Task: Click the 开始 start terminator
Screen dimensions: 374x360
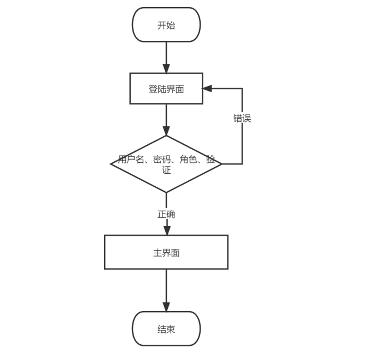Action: pyautogui.click(x=166, y=25)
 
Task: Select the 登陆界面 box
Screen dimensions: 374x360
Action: pyautogui.click(x=166, y=89)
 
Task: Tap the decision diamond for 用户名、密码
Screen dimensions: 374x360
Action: pyautogui.click(x=166, y=164)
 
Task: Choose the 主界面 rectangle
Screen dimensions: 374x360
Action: pyautogui.click(x=166, y=252)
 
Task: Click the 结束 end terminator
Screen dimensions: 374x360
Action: pyautogui.click(x=166, y=328)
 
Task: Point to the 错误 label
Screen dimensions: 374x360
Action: pyautogui.click(x=242, y=118)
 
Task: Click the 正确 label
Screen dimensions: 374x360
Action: pyautogui.click(x=166, y=214)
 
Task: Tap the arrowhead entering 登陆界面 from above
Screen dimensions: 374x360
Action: pyautogui.click(x=166, y=69)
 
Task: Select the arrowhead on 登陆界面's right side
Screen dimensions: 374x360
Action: pyautogui.click(x=207, y=88)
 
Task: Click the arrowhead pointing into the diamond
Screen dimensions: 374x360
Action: pyautogui.click(x=166, y=131)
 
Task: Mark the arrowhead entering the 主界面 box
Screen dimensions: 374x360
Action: pyautogui.click(x=167, y=230)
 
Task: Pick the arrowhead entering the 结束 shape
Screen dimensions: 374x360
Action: pyautogui.click(x=166, y=307)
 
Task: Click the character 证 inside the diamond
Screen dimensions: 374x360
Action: pyautogui.click(x=166, y=170)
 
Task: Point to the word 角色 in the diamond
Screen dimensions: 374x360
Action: pyautogui.click(x=189, y=160)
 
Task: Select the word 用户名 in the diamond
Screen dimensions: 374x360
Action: pyautogui.click(x=131, y=160)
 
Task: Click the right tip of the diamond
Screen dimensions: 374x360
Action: pyautogui.click(x=222, y=164)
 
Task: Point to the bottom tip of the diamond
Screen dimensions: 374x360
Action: pyautogui.click(x=166, y=192)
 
